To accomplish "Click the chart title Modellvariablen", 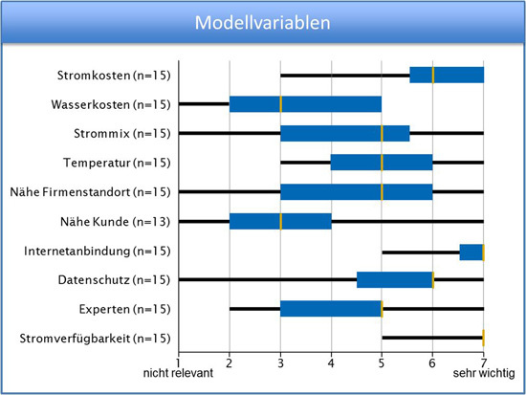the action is click(263, 23).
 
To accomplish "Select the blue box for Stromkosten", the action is click(447, 75).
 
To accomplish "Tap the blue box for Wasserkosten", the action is click(305, 104).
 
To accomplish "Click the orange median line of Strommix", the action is click(382, 134).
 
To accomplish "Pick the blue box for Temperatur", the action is click(382, 163).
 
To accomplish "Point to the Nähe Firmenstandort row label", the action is click(90, 192).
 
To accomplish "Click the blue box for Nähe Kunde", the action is click(280, 221).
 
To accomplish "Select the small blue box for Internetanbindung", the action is click(471, 252).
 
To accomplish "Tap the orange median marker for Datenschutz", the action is click(433, 280).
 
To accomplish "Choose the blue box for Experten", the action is click(331, 309).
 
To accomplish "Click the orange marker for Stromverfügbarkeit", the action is click(483, 338).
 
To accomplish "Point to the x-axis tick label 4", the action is click(331, 363).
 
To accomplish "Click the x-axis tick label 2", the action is click(230, 363).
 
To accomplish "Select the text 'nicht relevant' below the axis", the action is click(178, 373).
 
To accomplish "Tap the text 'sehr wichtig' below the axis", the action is click(484, 373).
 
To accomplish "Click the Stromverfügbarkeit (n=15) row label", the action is click(95, 339).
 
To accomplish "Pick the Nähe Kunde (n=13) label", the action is click(116, 222).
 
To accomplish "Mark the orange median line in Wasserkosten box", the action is click(281, 104).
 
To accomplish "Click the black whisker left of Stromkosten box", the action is click(345, 76).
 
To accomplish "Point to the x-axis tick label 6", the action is click(432, 363).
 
